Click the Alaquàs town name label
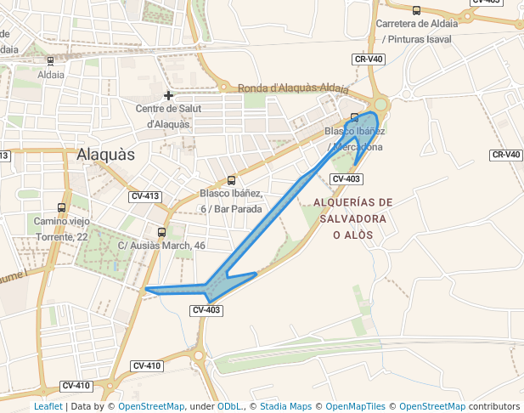click(x=105, y=155)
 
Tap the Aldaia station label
click(x=51, y=75)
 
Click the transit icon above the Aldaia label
click(x=51, y=61)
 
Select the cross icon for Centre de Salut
click(x=168, y=95)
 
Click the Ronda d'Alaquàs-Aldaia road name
click(x=293, y=88)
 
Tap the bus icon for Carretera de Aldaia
click(x=416, y=10)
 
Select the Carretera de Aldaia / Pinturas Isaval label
click(x=416, y=31)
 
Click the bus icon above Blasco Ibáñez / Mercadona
click(x=354, y=117)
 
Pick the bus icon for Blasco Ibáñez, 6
click(x=231, y=180)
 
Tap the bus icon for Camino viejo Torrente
click(x=61, y=207)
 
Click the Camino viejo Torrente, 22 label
click(x=61, y=229)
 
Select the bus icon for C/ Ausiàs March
click(x=161, y=232)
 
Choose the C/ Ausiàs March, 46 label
click(x=161, y=246)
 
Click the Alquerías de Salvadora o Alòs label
click(x=353, y=218)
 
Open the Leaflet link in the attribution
click(x=48, y=406)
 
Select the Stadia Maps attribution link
click(x=285, y=406)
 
